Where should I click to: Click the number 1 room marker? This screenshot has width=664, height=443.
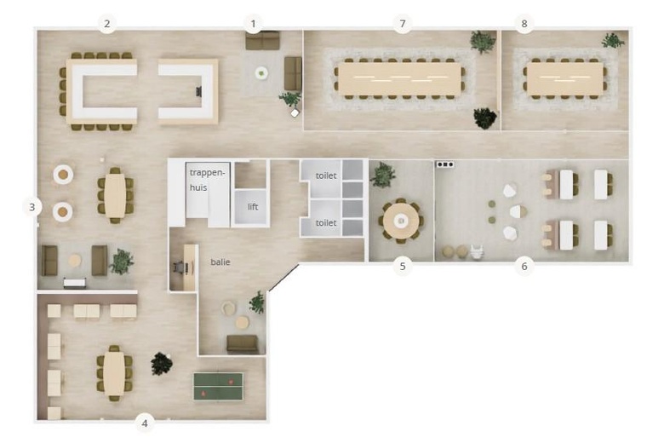click(x=253, y=24)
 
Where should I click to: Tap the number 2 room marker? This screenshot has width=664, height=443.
click(x=106, y=24)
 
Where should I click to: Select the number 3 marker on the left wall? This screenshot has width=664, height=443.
click(x=32, y=207)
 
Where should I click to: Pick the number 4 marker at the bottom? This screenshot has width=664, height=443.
click(x=145, y=423)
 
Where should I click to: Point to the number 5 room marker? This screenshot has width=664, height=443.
click(x=403, y=266)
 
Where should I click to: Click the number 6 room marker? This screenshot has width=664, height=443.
click(x=524, y=266)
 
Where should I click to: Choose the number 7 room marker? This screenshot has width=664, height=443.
click(x=403, y=24)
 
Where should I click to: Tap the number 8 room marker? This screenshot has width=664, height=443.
click(x=524, y=24)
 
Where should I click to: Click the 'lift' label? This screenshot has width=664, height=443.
click(x=253, y=207)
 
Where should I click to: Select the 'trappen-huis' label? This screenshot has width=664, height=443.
click(x=207, y=180)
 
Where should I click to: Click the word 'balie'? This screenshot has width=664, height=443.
click(x=220, y=262)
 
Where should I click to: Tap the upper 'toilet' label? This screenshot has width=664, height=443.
click(x=326, y=175)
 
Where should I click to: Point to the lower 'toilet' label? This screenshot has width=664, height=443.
click(x=326, y=222)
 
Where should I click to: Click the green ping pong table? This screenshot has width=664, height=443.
click(x=219, y=386)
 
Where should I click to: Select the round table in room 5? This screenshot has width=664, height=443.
click(x=401, y=221)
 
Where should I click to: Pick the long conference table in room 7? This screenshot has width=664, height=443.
click(x=399, y=79)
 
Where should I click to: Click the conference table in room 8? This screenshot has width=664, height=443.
click(x=565, y=79)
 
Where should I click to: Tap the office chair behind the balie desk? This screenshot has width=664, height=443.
click(x=179, y=267)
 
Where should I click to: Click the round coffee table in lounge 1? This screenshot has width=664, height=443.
click(x=261, y=73)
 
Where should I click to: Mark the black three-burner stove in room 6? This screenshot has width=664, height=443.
click(x=445, y=164)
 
